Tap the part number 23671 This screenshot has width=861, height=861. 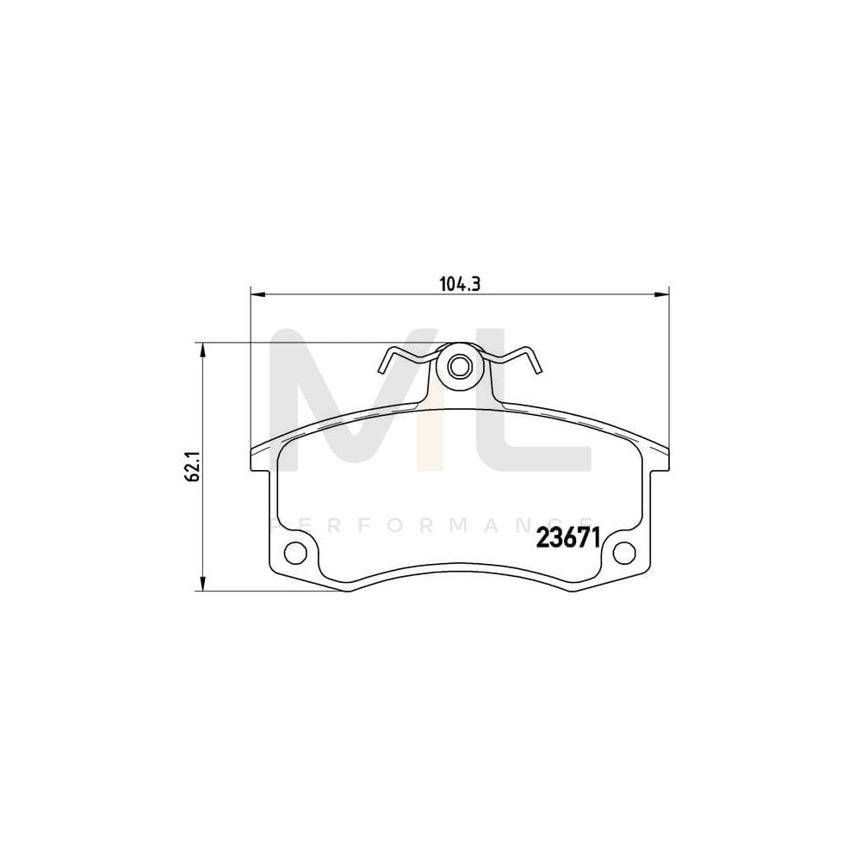568,538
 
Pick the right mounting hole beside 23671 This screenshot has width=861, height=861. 624,551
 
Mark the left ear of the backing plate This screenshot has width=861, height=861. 260,458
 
